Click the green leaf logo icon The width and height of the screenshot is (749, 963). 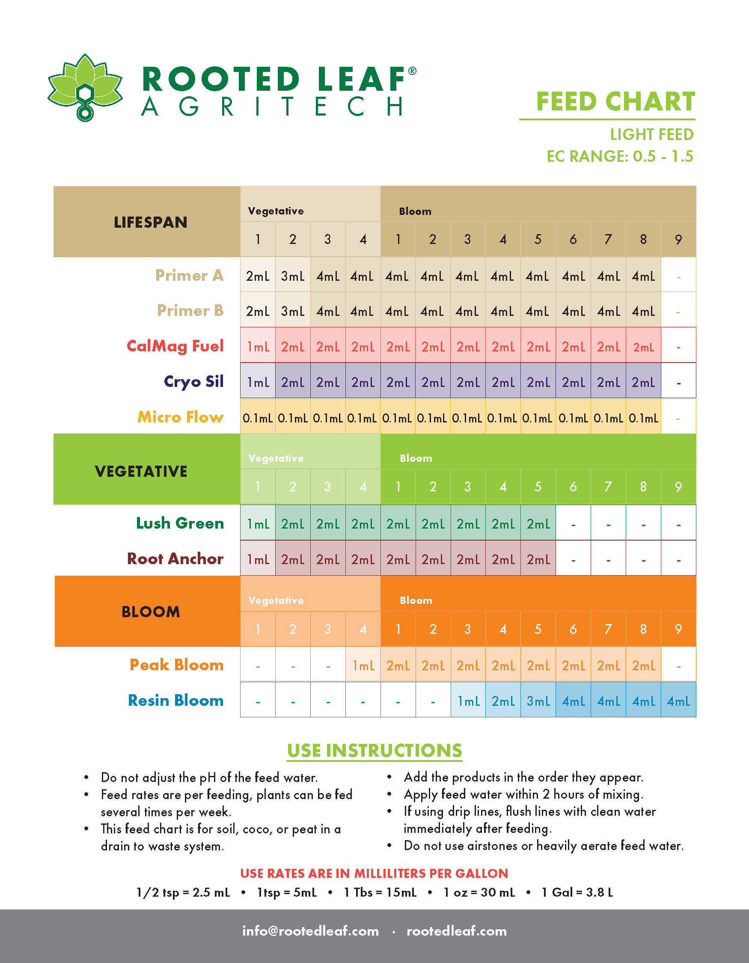[x=85, y=87]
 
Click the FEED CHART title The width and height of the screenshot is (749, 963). [x=615, y=102]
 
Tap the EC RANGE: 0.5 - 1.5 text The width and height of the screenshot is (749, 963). [x=619, y=156]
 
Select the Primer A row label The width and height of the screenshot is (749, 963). [x=189, y=276]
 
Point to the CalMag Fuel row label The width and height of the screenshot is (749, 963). [x=175, y=346]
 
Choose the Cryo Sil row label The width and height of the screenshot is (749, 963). [x=193, y=381]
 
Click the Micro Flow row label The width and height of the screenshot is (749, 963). [x=180, y=417]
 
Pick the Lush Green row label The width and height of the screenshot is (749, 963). [x=180, y=523]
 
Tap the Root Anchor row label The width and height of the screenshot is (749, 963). [x=175, y=559]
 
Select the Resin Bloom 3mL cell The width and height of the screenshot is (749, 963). [x=538, y=701]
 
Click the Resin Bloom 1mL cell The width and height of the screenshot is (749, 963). [x=468, y=701]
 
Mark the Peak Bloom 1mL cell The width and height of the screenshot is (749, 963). [x=363, y=666]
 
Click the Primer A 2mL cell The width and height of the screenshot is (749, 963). [x=258, y=276]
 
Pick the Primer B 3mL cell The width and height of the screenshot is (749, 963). [x=293, y=312]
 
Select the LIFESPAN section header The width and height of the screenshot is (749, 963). [x=150, y=222]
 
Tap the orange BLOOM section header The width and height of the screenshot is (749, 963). [x=150, y=612]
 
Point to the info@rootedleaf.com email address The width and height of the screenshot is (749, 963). [x=310, y=931]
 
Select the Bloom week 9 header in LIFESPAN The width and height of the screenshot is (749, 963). [x=678, y=239]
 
